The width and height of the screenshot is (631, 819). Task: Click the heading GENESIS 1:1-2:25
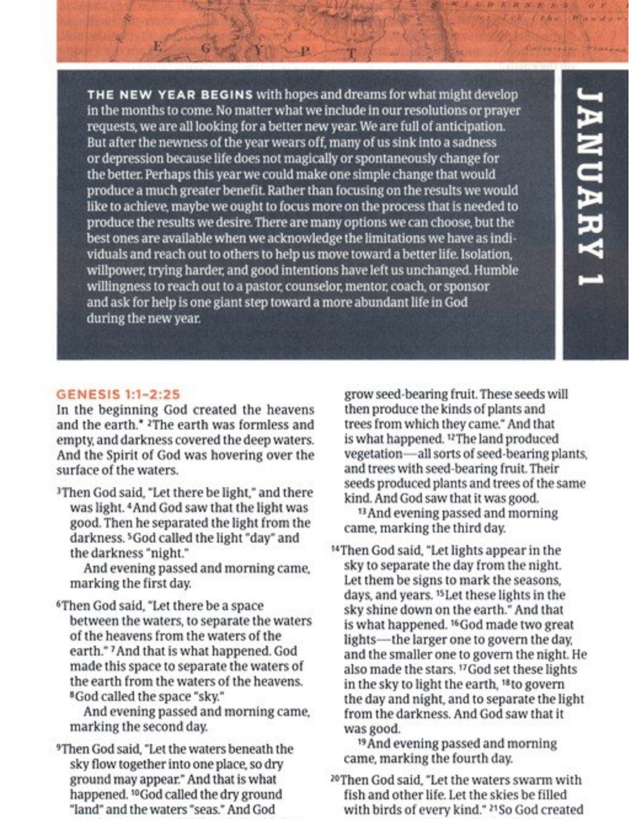[x=117, y=394]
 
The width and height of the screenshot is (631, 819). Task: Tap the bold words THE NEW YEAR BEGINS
[x=170, y=95]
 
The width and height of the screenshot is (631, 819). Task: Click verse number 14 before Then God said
[x=335, y=549]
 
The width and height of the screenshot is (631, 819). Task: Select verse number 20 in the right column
[x=335, y=779]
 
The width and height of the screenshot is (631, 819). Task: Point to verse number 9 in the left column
[x=58, y=748]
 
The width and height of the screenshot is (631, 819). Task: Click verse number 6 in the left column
[x=58, y=605]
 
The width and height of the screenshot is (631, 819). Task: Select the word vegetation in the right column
[x=373, y=454]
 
